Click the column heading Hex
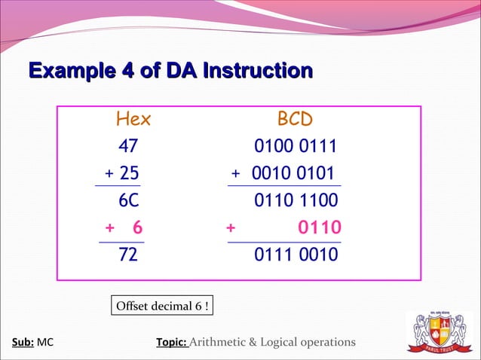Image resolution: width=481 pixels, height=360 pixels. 133,119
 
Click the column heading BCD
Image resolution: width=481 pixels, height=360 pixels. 295,119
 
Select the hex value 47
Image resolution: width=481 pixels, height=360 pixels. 128,146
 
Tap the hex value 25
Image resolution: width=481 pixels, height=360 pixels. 129,173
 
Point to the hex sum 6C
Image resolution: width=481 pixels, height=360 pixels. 129,200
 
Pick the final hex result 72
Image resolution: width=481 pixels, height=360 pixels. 128,255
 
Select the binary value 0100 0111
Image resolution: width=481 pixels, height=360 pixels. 296,146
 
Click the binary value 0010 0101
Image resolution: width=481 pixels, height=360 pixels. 294,173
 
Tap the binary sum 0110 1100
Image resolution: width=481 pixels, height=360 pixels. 296,200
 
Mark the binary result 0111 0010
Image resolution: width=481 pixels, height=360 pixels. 296,255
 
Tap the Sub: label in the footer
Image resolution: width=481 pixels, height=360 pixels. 23,343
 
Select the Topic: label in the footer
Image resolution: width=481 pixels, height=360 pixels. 170,343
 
